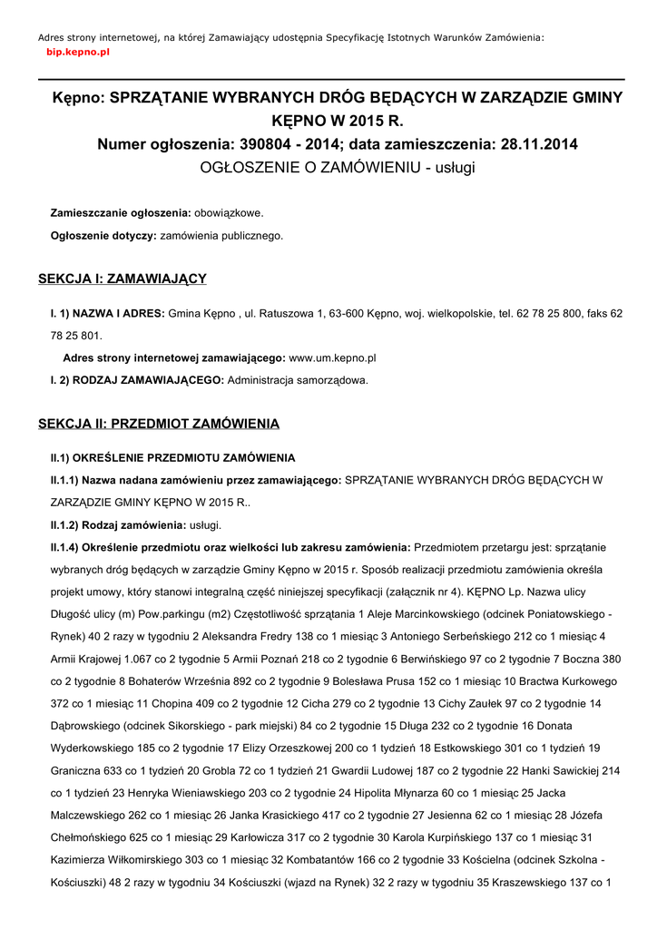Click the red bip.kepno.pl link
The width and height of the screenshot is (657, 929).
(x=78, y=54)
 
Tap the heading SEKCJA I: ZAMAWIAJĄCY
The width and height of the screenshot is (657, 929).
(x=123, y=279)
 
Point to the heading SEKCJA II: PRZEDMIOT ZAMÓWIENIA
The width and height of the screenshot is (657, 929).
(x=159, y=424)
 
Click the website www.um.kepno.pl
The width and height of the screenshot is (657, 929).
(x=332, y=358)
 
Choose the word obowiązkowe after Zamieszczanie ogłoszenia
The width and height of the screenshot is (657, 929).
(x=229, y=212)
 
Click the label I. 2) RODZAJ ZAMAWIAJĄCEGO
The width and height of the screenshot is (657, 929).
(x=137, y=380)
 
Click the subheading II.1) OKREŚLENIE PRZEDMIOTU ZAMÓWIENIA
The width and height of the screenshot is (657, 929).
(x=172, y=457)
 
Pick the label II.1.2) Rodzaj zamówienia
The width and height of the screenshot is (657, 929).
(x=118, y=525)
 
